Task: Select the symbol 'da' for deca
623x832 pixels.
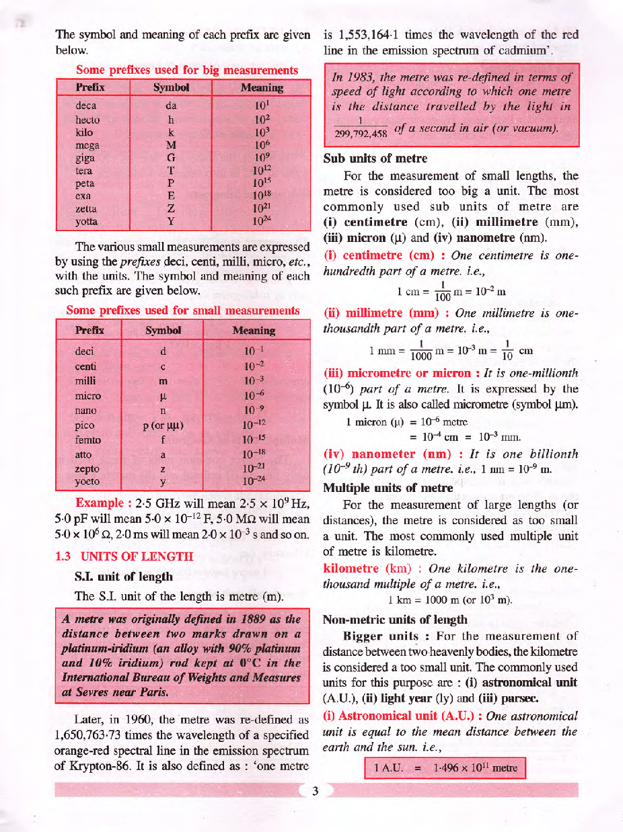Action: [x=170, y=106]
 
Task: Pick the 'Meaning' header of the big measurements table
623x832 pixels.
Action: [x=261, y=88]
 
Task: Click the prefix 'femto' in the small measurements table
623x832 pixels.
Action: [x=89, y=440]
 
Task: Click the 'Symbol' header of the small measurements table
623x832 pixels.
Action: [x=163, y=331]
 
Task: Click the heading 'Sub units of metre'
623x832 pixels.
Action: [x=375, y=159]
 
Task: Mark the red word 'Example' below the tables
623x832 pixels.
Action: [x=100, y=503]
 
